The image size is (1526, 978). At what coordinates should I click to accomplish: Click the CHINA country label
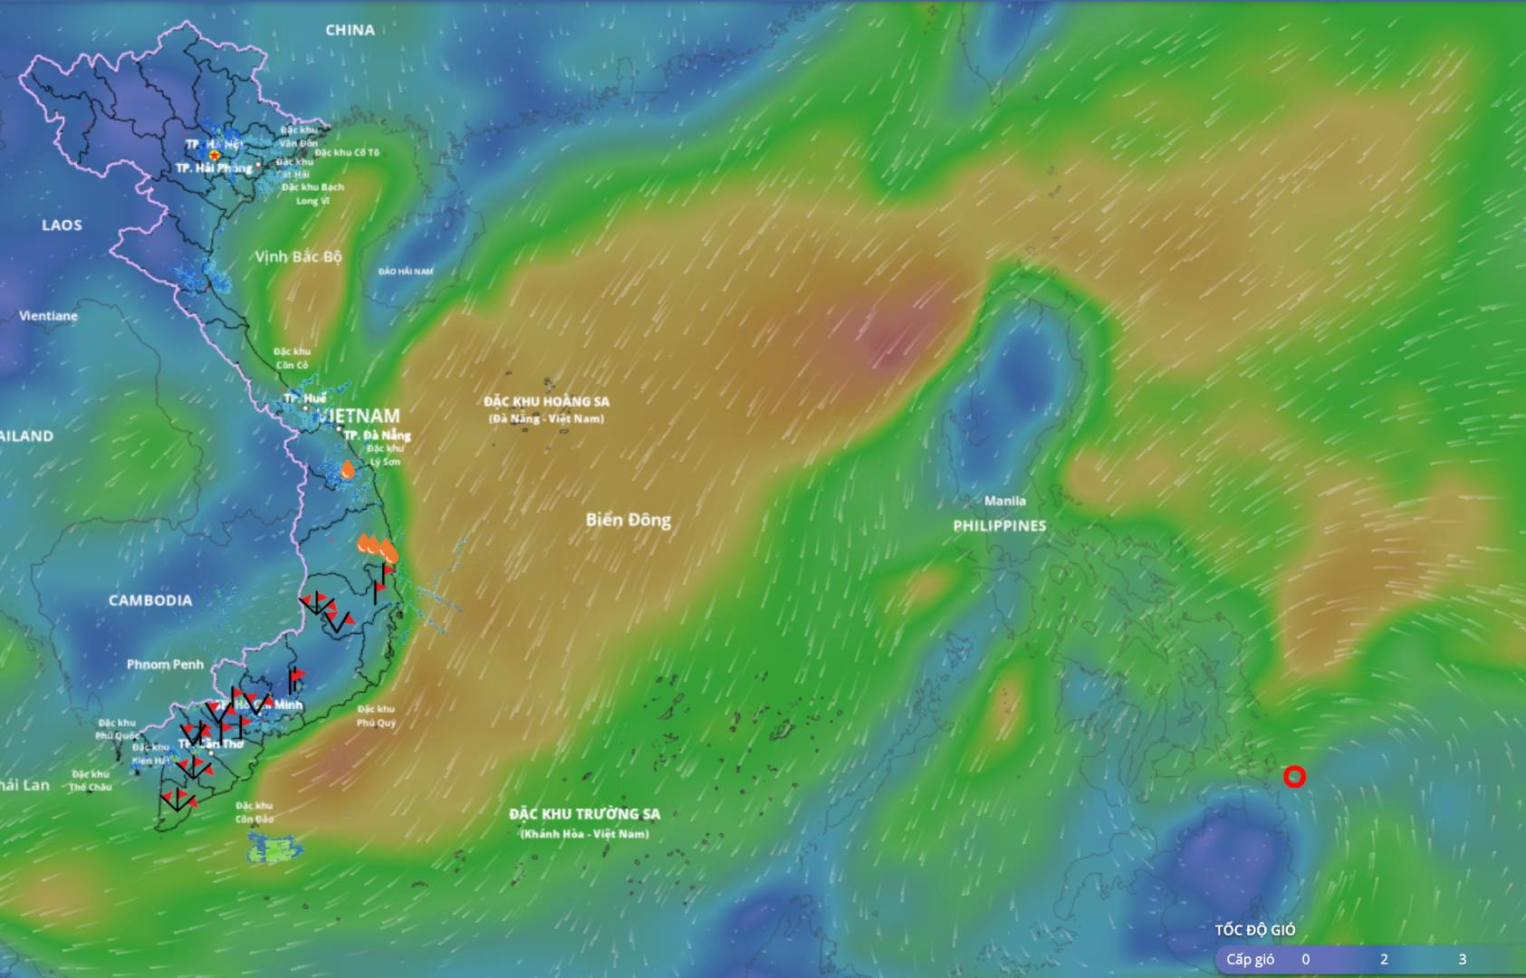350,30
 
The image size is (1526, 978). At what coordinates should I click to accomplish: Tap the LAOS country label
62,225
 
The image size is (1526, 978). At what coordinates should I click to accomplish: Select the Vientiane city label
48,316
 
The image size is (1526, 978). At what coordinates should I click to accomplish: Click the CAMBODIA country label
150,600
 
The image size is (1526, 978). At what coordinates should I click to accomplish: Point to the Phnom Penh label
165,665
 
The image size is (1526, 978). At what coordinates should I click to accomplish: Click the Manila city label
1005,501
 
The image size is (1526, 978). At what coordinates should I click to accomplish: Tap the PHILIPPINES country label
999,525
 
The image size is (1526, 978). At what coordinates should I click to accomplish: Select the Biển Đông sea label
628,520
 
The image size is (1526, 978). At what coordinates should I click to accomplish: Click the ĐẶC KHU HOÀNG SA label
546,401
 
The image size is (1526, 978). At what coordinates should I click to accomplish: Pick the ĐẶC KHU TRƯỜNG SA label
584,814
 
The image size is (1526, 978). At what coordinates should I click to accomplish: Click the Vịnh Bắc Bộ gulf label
298,256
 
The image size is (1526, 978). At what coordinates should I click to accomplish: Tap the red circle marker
1295,776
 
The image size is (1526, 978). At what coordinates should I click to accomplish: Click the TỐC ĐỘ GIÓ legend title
1254,930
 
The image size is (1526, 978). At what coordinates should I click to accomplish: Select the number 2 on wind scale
1384,959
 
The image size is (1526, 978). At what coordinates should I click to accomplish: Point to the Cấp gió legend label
1250,959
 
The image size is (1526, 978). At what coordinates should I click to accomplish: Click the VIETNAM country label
360,416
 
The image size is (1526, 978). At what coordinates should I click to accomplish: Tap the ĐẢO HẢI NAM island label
406,272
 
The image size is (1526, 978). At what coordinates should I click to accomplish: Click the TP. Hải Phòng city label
214,168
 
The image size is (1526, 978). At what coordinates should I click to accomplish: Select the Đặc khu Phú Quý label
376,715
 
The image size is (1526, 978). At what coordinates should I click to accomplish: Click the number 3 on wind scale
1462,959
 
